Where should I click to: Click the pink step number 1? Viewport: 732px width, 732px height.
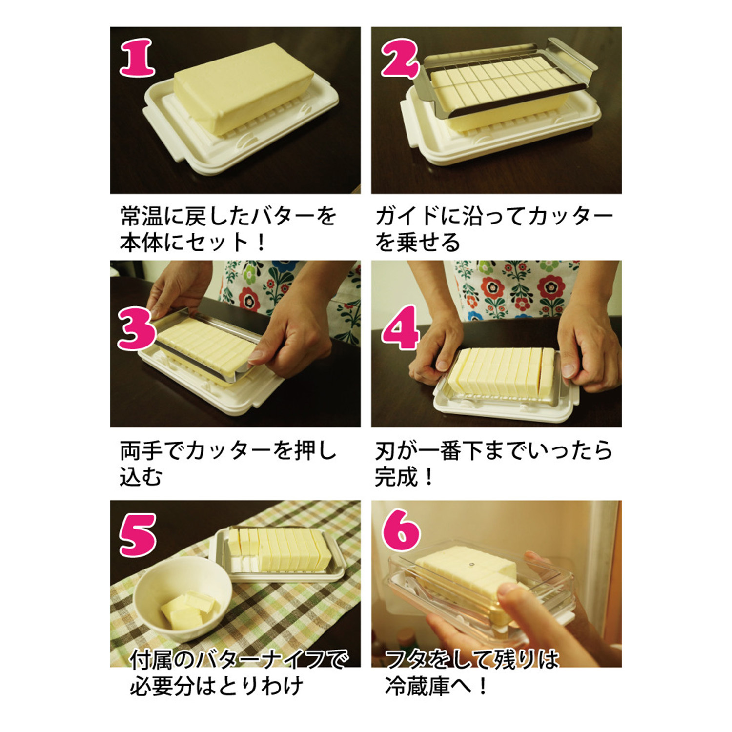[x=138, y=58]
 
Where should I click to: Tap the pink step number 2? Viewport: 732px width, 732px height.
[x=400, y=59]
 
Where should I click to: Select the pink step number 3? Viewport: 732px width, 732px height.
[x=137, y=330]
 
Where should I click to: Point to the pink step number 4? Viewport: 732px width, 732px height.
[x=400, y=328]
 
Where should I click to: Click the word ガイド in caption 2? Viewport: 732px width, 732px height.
[x=407, y=216]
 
